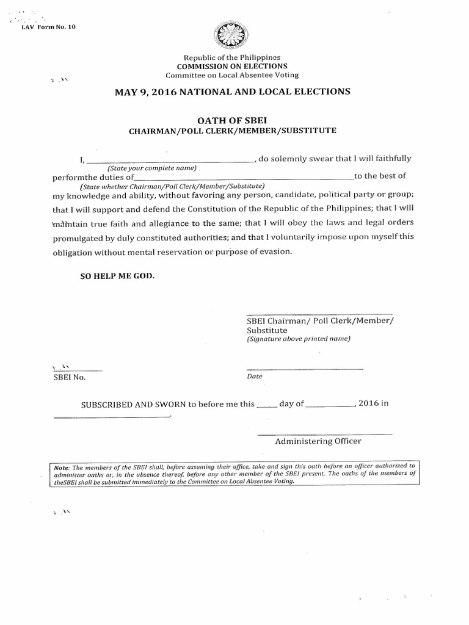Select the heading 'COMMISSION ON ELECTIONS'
click(x=232, y=66)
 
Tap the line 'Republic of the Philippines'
click(x=232, y=57)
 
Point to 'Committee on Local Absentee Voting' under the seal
click(x=232, y=75)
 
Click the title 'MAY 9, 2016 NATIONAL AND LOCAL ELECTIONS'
click(x=233, y=92)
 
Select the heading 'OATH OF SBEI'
click(x=232, y=120)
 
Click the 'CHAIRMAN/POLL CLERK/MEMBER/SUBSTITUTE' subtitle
click(x=232, y=131)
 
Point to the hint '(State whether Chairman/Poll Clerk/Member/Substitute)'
click(x=172, y=186)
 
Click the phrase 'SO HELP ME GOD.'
click(x=118, y=276)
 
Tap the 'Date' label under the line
click(x=255, y=377)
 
